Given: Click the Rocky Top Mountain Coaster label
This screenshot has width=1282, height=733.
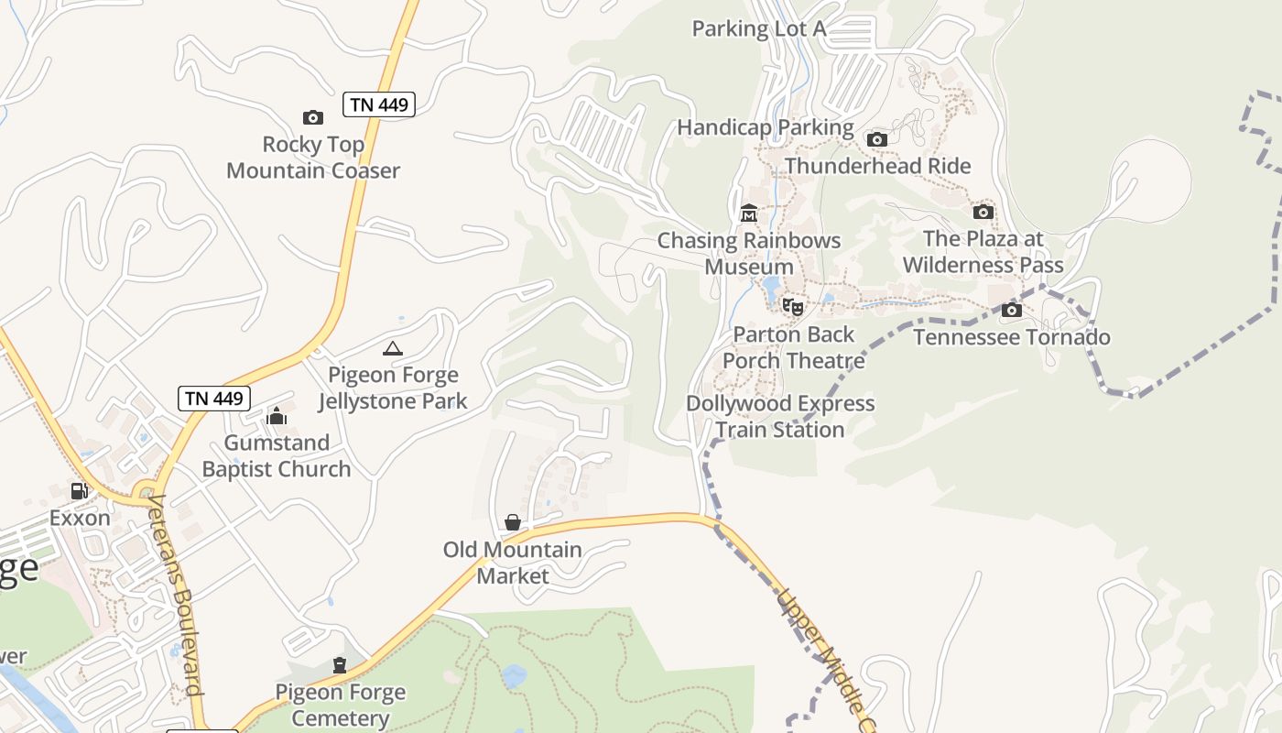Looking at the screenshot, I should tap(313, 158).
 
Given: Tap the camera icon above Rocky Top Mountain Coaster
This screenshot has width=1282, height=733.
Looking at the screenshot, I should tap(313, 117).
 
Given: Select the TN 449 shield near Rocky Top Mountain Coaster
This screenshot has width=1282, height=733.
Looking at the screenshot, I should tap(379, 104).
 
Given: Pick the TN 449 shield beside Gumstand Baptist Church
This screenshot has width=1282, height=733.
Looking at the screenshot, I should tap(214, 398).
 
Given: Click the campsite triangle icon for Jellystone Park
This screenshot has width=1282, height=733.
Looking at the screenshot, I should tap(393, 348).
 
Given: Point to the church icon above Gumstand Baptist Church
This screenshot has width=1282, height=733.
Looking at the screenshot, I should tap(277, 417).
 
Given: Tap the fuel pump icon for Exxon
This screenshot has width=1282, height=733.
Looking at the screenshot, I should tap(80, 491).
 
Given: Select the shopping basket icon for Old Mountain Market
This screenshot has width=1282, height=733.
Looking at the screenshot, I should tap(513, 522).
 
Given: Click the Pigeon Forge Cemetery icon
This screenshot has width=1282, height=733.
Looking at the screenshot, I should tap(340, 665).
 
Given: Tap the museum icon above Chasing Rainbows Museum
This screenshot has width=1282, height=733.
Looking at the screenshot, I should tap(749, 213).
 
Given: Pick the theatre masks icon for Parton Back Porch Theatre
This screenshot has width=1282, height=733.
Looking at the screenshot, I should tap(793, 306).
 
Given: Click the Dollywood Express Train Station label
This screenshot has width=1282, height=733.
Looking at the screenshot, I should tap(780, 417).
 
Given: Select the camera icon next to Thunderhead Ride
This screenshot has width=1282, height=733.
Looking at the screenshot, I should tap(877, 139).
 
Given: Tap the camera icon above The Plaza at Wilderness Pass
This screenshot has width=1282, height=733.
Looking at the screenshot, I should tap(983, 212).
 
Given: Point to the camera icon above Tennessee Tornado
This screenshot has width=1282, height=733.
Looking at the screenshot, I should tap(1012, 310).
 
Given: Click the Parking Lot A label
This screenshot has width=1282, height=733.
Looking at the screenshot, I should tap(759, 28).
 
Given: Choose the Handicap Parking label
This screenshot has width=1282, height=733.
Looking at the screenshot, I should tap(766, 127).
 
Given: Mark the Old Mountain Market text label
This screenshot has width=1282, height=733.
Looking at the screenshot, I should tap(513, 563).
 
